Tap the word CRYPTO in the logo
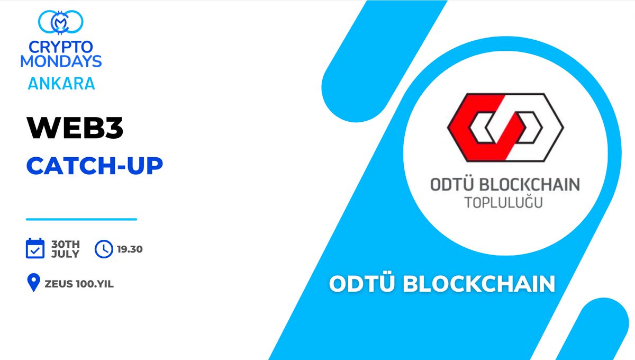(x=61, y=48)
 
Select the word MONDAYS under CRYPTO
(x=61, y=61)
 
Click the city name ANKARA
(x=61, y=83)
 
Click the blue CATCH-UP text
(x=94, y=166)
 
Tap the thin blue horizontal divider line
(x=81, y=219)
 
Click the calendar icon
(x=35, y=248)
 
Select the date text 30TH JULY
(x=65, y=249)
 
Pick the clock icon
(x=104, y=249)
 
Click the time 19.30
(x=129, y=249)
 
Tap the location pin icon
(x=34, y=283)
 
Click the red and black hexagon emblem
(x=505, y=127)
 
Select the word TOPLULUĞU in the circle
(x=503, y=203)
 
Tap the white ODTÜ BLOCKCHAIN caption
(x=442, y=284)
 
